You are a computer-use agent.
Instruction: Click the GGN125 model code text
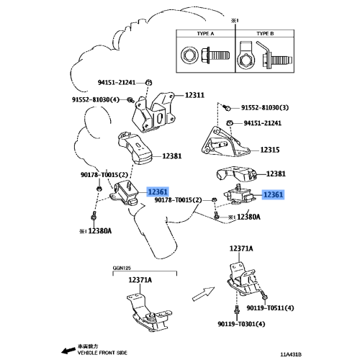(121, 268)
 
